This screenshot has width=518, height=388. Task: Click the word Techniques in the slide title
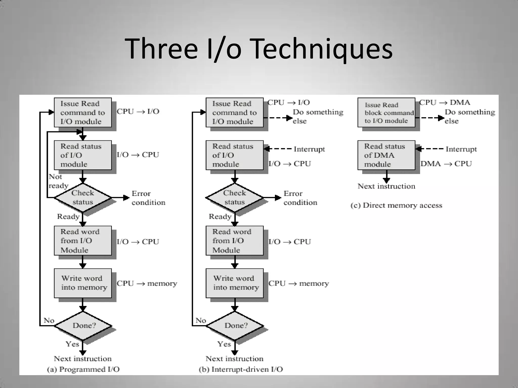[x=322, y=48]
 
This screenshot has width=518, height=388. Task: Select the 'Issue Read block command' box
[x=386, y=113]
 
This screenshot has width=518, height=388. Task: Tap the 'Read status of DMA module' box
[x=386, y=155]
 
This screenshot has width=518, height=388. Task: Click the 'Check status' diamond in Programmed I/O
[x=83, y=198]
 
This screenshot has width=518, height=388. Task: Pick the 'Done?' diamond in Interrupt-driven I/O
[x=235, y=326]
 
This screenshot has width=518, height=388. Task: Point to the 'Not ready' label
[x=58, y=181]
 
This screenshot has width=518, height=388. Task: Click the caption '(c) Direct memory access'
[x=396, y=205]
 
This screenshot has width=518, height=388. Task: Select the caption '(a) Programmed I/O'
[x=83, y=369]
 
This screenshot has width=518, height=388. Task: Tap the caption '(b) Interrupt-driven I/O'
[x=241, y=369]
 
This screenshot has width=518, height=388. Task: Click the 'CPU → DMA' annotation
[x=445, y=103]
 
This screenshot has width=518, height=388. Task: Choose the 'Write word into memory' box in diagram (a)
[x=83, y=283]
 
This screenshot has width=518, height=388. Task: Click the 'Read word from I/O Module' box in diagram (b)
[x=234, y=241]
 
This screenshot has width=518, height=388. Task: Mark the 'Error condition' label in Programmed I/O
[x=148, y=198]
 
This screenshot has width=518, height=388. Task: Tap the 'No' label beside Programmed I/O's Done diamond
[x=49, y=321]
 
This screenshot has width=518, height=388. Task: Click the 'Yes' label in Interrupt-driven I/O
[x=224, y=344]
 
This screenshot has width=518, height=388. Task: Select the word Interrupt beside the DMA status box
[x=461, y=149]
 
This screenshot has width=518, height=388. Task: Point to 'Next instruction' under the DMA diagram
[x=386, y=186]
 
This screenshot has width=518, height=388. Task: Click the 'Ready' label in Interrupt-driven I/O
[x=220, y=216]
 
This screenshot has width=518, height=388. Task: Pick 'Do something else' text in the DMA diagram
[x=469, y=116]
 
